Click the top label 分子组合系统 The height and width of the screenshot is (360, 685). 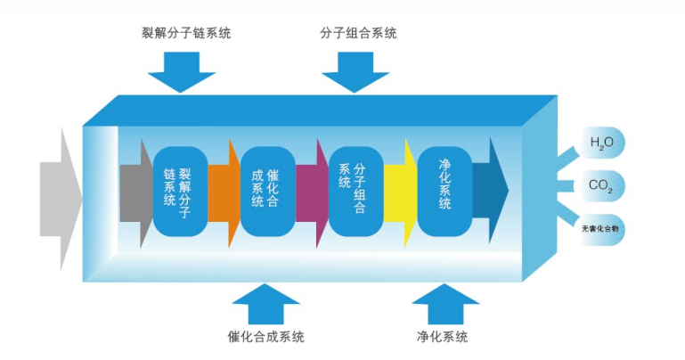coord(358,33)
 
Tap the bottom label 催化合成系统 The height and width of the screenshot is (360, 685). coord(266,337)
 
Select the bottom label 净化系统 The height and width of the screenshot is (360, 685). coord(442,337)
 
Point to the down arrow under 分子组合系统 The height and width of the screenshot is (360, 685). coord(357,71)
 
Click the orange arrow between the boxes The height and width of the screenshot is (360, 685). coord(224,191)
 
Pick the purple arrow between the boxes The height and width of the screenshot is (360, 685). coord(312,191)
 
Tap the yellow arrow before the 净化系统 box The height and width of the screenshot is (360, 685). coord(400,191)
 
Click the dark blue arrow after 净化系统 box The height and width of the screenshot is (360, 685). coord(491,190)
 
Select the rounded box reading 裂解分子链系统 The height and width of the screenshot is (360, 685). coord(180,190)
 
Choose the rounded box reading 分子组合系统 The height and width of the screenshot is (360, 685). coord(355,190)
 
